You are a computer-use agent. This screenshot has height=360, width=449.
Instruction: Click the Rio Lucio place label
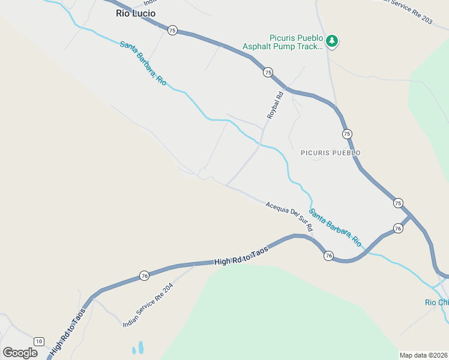point(135,13)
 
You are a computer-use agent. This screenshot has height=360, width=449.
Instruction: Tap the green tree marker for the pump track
point(332,41)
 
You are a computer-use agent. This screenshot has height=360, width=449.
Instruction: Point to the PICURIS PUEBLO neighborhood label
point(330,153)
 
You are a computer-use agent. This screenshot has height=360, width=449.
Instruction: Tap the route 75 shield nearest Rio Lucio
point(172,31)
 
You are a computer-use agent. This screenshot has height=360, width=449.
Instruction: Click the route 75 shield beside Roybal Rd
point(268,72)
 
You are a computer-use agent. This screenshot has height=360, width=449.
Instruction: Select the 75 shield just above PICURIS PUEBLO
point(347,133)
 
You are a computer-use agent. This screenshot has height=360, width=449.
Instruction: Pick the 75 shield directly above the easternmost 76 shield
point(398,203)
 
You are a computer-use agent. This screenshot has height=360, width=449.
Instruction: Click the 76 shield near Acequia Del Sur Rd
point(328,256)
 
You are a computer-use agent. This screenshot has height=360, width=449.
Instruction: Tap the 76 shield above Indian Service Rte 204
point(144,275)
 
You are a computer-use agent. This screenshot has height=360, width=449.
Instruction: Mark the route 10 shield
point(39,341)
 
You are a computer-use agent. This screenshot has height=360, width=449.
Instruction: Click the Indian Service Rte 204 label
point(148,305)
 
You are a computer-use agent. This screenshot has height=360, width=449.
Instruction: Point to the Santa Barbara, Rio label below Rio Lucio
point(143,62)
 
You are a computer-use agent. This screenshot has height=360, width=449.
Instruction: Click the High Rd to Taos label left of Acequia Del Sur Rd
point(240,257)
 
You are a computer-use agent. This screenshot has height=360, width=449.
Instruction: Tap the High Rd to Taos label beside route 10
point(69,332)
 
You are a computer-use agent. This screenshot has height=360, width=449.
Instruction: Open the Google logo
point(20,353)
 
